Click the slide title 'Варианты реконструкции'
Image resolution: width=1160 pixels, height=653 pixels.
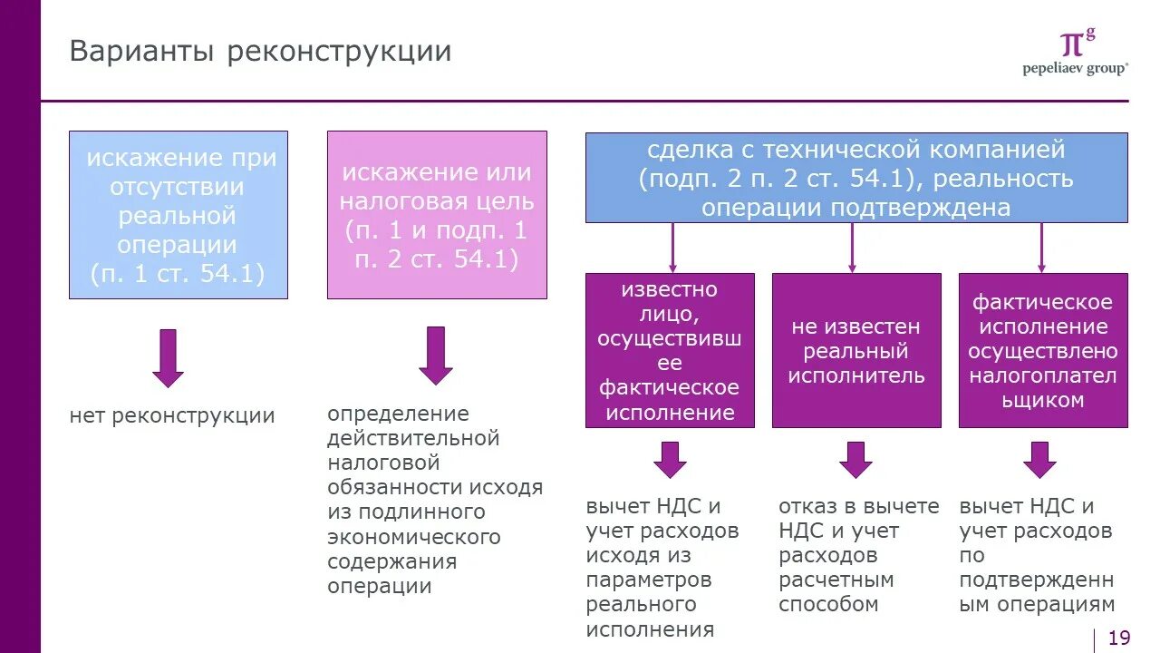260,51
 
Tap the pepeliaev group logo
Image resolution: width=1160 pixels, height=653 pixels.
1076,53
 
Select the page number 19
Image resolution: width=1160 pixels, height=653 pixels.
1119,638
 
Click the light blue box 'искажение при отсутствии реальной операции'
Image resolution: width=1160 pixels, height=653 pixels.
179,215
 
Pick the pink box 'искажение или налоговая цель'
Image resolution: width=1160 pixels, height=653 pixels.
437,215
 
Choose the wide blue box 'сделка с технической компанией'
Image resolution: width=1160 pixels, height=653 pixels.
856,178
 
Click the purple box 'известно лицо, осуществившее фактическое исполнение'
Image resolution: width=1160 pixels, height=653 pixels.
670,350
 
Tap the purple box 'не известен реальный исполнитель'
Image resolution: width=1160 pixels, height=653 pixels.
855,350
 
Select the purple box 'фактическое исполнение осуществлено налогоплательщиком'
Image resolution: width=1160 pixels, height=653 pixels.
1043,350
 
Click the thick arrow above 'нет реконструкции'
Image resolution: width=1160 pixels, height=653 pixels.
168,357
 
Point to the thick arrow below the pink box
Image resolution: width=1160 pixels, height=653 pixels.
436,355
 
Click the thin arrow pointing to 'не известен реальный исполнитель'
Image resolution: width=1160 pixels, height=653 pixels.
852,248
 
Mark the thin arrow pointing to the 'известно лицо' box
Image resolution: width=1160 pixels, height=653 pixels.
672,248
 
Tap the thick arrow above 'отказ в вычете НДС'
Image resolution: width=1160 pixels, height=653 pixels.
855,459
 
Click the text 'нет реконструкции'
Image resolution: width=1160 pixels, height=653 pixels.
172,416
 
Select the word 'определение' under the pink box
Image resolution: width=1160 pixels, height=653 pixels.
398,414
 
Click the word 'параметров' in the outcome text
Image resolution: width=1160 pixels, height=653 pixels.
649,580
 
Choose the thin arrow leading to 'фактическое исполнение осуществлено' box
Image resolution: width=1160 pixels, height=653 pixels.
1041,248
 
